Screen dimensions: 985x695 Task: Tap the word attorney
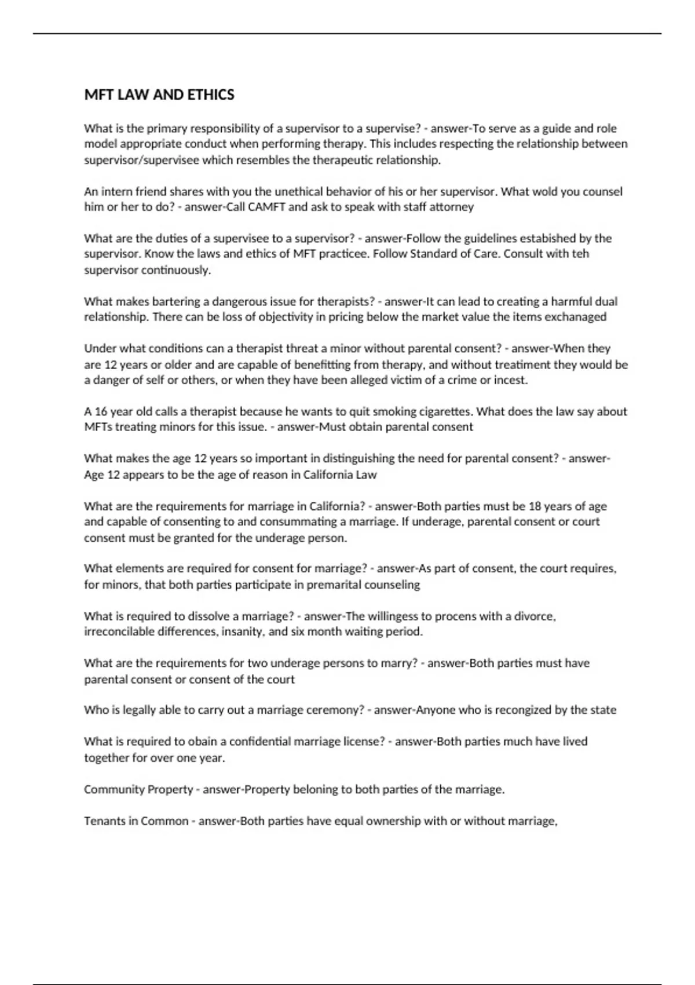coord(451,207)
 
